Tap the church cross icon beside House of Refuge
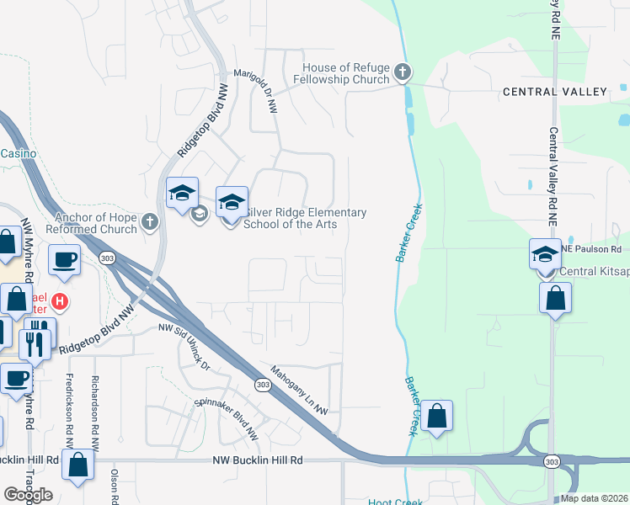(x=403, y=72)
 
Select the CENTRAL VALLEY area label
(x=554, y=91)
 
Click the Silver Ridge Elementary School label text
(x=305, y=218)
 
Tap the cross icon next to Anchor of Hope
(x=150, y=222)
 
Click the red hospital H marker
(x=59, y=300)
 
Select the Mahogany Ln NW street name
(x=299, y=388)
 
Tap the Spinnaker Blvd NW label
(x=227, y=419)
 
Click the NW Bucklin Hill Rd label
(x=257, y=460)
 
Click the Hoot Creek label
(x=394, y=502)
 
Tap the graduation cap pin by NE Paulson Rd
(x=545, y=253)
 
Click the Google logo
(x=29, y=495)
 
